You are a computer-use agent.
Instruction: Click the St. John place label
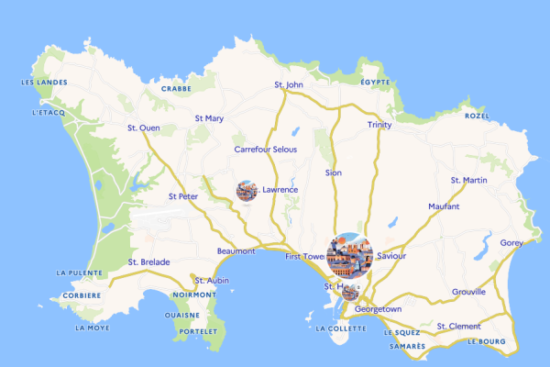click(288, 85)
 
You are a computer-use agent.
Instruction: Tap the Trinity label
click(379, 125)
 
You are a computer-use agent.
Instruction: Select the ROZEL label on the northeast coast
click(477, 117)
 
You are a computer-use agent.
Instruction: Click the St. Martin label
click(468, 180)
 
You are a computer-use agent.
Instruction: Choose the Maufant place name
click(444, 206)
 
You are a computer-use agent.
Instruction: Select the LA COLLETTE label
click(339, 328)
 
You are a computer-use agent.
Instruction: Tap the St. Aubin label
click(212, 280)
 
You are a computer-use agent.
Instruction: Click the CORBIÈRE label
click(82, 295)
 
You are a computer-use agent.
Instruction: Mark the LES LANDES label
click(39, 83)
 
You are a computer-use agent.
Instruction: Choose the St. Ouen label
click(143, 128)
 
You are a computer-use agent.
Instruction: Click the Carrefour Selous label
click(266, 149)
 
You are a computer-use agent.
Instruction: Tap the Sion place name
click(333, 172)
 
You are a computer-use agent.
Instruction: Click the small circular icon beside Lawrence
click(246, 190)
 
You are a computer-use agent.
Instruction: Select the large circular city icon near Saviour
click(349, 254)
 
